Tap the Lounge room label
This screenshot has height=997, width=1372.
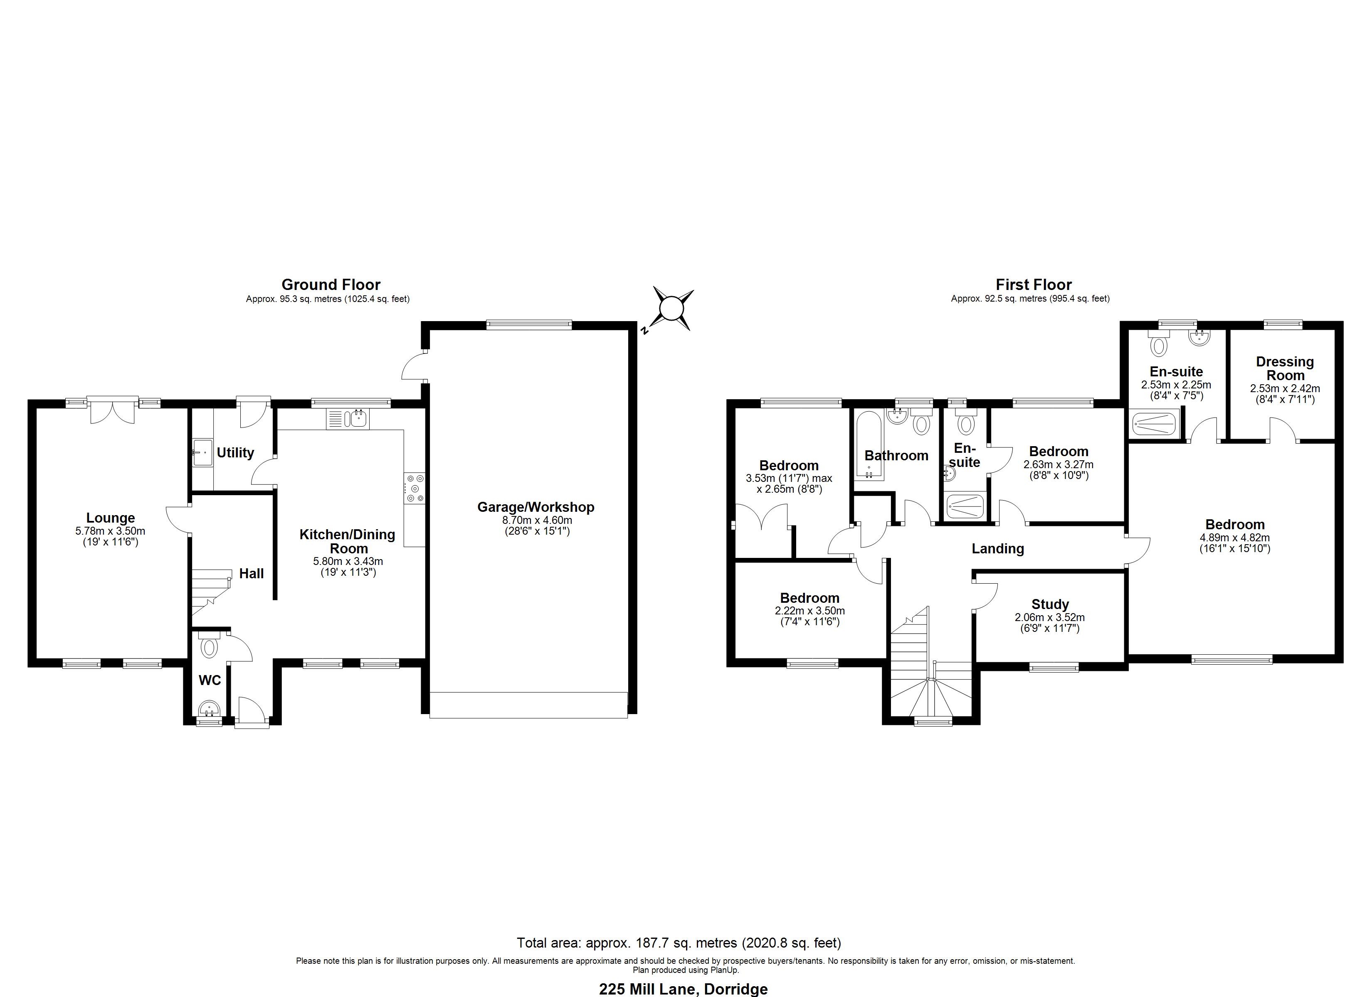[x=110, y=518]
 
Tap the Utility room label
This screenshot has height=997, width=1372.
[x=235, y=453]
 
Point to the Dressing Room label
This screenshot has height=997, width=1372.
[x=1284, y=368]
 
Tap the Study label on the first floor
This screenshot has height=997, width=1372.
[x=1049, y=604]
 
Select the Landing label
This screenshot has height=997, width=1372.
[x=997, y=548]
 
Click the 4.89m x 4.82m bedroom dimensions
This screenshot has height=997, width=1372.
[x=1235, y=538]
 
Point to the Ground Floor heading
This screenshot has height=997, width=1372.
[x=331, y=285]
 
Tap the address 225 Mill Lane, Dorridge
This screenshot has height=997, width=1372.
[x=683, y=989]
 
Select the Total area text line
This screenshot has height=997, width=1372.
[x=679, y=943]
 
